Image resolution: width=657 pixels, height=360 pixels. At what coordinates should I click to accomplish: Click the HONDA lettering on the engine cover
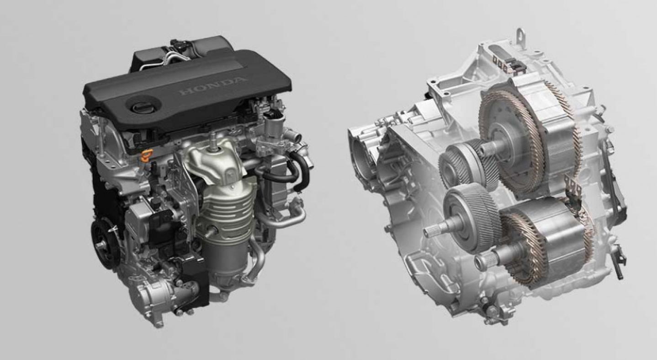(212, 86)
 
